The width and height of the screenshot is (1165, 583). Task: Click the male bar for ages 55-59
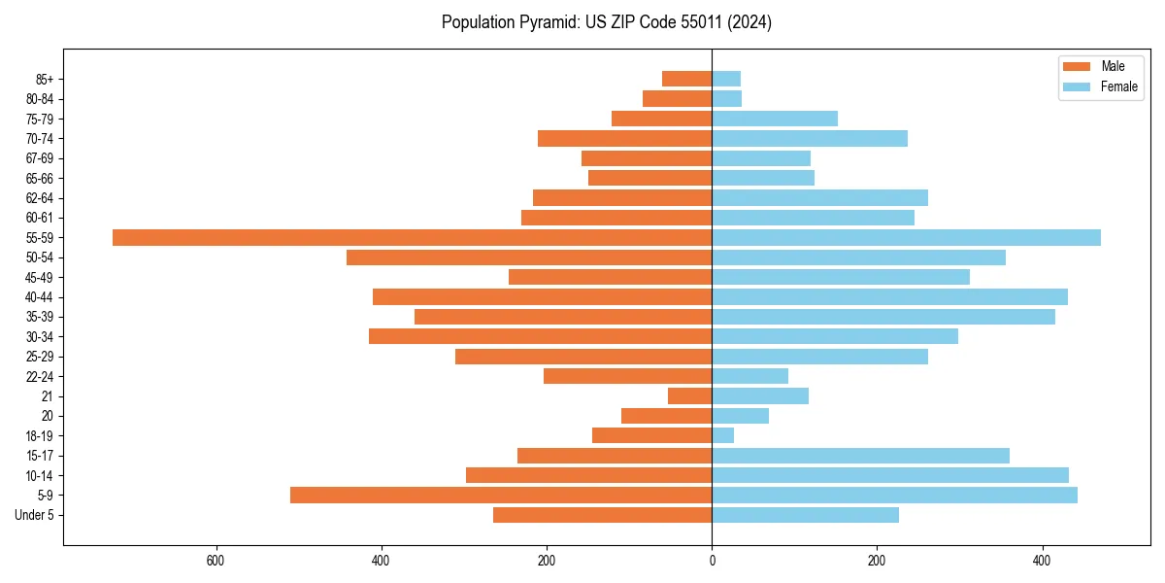(412, 237)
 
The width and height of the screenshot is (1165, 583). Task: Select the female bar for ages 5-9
(894, 496)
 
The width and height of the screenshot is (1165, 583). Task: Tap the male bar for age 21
(689, 396)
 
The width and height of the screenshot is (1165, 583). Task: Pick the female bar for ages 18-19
(723, 435)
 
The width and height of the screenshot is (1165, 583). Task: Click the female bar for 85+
(726, 79)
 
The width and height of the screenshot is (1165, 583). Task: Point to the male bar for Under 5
(602, 515)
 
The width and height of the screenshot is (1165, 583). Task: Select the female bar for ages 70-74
(810, 138)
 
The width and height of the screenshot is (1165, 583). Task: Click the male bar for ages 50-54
(529, 257)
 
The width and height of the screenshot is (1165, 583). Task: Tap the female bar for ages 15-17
(860, 456)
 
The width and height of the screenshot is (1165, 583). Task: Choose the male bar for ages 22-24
(627, 376)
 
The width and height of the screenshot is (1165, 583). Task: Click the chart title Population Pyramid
(606, 22)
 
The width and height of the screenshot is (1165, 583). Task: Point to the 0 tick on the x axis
(712, 561)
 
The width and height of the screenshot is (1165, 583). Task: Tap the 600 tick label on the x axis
(216, 561)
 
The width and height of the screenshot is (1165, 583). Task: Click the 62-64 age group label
(40, 198)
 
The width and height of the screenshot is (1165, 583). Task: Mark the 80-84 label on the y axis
(40, 99)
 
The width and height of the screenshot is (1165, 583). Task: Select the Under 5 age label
(35, 515)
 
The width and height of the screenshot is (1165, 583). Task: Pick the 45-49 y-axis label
(40, 277)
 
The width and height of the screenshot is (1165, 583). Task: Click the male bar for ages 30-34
(540, 336)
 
